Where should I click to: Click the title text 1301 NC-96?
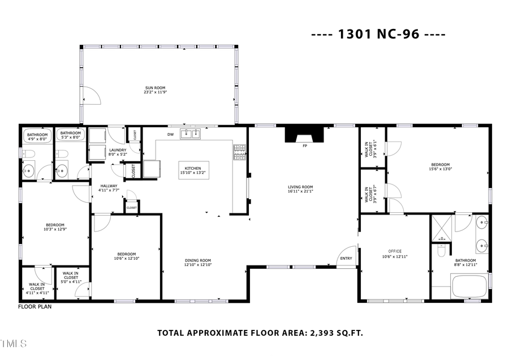(x=378, y=34)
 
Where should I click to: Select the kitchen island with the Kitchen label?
(x=193, y=170)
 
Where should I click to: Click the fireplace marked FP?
(x=305, y=136)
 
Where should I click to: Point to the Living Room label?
(x=300, y=189)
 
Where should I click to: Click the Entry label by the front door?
(x=345, y=259)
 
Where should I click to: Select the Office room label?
(x=394, y=253)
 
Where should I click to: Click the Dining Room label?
(x=198, y=262)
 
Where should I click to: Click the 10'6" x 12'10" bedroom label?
(x=126, y=256)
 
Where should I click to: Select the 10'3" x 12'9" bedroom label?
(x=55, y=226)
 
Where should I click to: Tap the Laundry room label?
(x=118, y=152)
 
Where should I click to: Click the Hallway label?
(x=109, y=188)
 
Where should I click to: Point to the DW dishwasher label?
(x=170, y=135)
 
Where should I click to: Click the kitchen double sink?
(x=191, y=134)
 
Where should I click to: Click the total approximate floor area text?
(x=260, y=333)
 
